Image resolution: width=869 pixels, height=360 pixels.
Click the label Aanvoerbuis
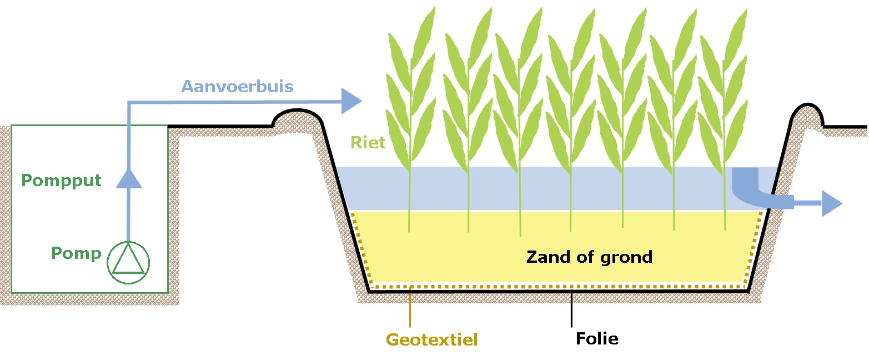click(x=238, y=87)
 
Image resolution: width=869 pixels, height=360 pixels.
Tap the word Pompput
click(x=61, y=181)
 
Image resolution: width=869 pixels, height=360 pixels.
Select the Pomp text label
click(x=77, y=254)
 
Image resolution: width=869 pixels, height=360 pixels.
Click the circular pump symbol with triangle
click(x=128, y=262)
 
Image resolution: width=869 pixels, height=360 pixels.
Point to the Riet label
click(x=368, y=143)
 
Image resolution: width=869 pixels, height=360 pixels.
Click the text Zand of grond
click(x=589, y=257)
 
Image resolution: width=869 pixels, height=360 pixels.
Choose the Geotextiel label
click(x=431, y=339)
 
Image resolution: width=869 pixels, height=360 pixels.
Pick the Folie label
click(x=597, y=338)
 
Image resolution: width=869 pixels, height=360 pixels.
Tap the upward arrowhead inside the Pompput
click(x=128, y=178)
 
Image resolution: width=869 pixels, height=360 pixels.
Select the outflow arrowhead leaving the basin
click(x=831, y=203)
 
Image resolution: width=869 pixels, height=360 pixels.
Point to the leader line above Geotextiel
click(x=410, y=308)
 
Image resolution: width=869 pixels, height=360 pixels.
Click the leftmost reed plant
click(x=410, y=111)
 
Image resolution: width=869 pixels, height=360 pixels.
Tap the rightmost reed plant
click(x=723, y=111)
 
